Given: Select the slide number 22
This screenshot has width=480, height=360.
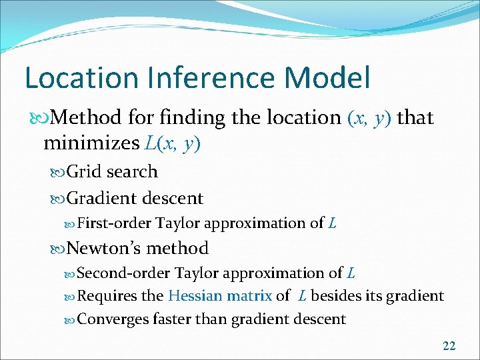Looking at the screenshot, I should pos(449,345).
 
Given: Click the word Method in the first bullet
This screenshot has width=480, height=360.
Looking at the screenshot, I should pos(86,118).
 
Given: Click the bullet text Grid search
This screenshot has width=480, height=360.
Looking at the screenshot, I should pos(112,171).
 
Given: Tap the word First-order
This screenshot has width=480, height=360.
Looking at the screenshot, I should pos(115,223).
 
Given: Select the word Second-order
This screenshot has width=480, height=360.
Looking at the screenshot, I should pos(124,273).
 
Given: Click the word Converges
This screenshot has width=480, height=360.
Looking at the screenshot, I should pos(114,319).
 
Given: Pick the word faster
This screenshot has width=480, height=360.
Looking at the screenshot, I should pos(172,319).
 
